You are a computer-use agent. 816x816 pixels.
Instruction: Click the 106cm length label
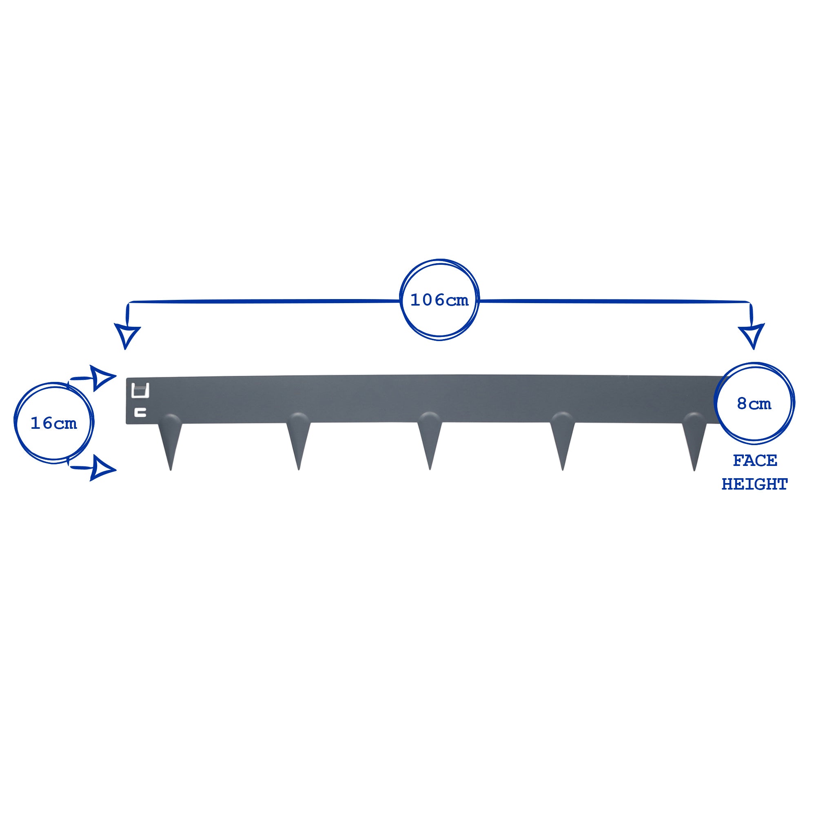click(439, 300)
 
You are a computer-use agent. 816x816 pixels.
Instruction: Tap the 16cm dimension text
click(53, 423)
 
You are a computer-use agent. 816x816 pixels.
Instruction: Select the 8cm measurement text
click(754, 404)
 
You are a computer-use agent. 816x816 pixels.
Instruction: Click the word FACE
click(755, 460)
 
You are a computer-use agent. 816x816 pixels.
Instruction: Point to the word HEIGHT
click(754, 484)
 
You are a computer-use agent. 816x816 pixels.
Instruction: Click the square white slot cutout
click(141, 390)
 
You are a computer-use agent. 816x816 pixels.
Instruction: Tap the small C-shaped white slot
click(140, 412)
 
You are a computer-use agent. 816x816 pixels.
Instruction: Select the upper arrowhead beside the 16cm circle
click(103, 377)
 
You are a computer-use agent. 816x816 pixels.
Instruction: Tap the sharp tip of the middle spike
click(430, 469)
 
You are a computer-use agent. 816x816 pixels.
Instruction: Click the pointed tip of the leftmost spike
click(170, 470)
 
